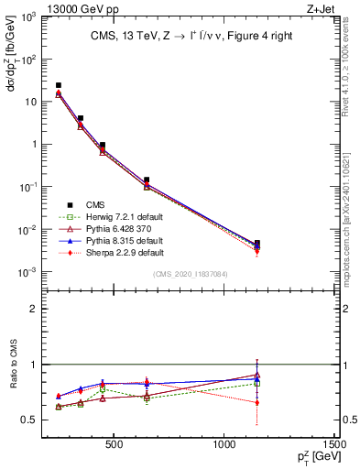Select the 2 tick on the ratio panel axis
(32, 309)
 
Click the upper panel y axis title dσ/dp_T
(10, 69)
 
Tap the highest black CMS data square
(59, 85)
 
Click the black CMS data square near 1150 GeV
(257, 244)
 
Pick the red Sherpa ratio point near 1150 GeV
(257, 402)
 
